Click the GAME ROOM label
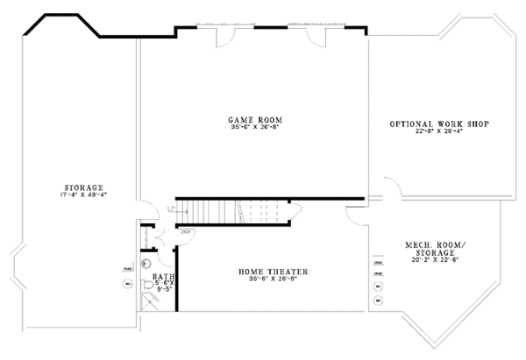coord(255,119)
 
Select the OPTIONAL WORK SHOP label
coord(438,124)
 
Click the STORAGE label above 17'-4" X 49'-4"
coord(85,187)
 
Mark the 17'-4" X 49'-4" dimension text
coord(85,194)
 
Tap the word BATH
coord(163,277)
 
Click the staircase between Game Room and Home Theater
coord(237,211)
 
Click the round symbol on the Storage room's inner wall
coord(126,284)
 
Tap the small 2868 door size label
coord(186,232)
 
